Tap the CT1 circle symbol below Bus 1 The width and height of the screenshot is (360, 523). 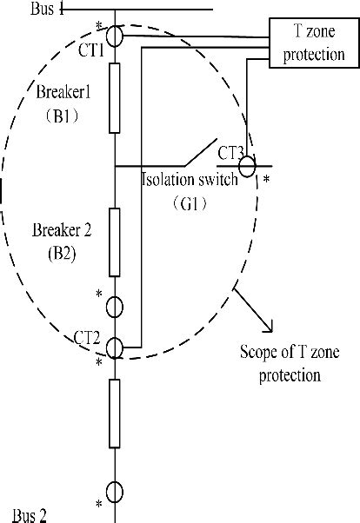pos(116,38)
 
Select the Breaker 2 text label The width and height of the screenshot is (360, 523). pos(62,231)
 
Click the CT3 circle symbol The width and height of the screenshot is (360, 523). pos(247,165)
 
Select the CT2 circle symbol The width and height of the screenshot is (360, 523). pos(116,348)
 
